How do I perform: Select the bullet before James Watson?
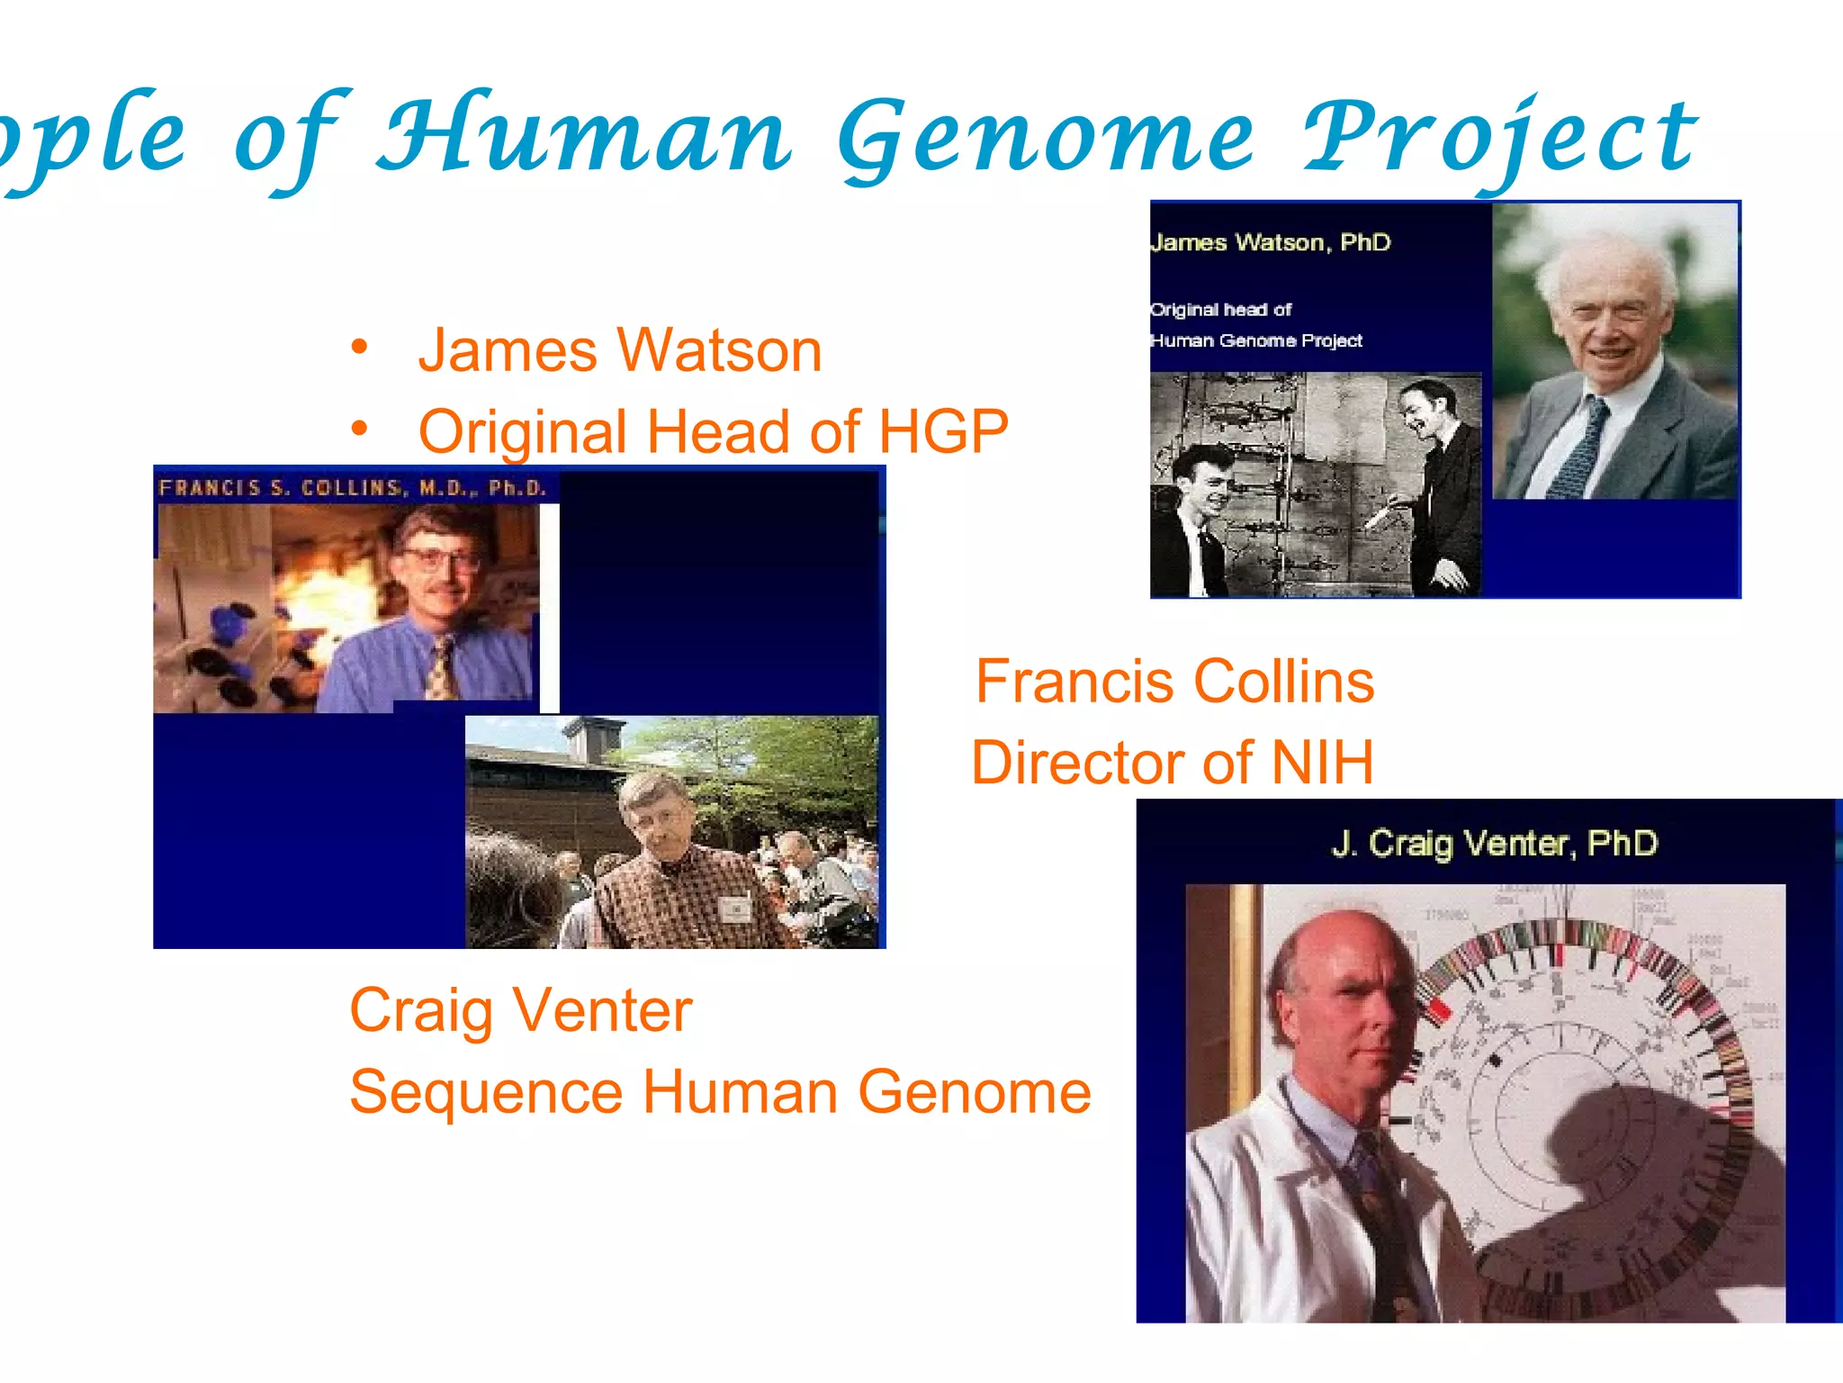pos(360,348)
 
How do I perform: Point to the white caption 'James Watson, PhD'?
pos(1271,242)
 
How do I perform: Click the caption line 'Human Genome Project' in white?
pos(1256,340)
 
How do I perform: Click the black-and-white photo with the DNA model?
pos(1315,484)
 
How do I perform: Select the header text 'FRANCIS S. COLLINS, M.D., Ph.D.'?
pos(353,488)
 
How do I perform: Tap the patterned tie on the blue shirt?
pos(441,666)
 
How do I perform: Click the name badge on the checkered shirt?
pos(735,908)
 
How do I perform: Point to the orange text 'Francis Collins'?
pos(1174,681)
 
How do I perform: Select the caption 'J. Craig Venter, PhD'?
pos(1494,844)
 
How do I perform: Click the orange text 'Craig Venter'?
pos(520,1010)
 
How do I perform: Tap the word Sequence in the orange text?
pos(486,1092)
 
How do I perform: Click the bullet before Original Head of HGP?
pos(360,429)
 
